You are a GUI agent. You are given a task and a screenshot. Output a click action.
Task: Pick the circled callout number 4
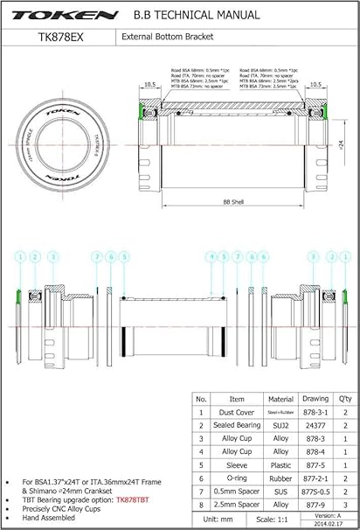coord(211,255)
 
